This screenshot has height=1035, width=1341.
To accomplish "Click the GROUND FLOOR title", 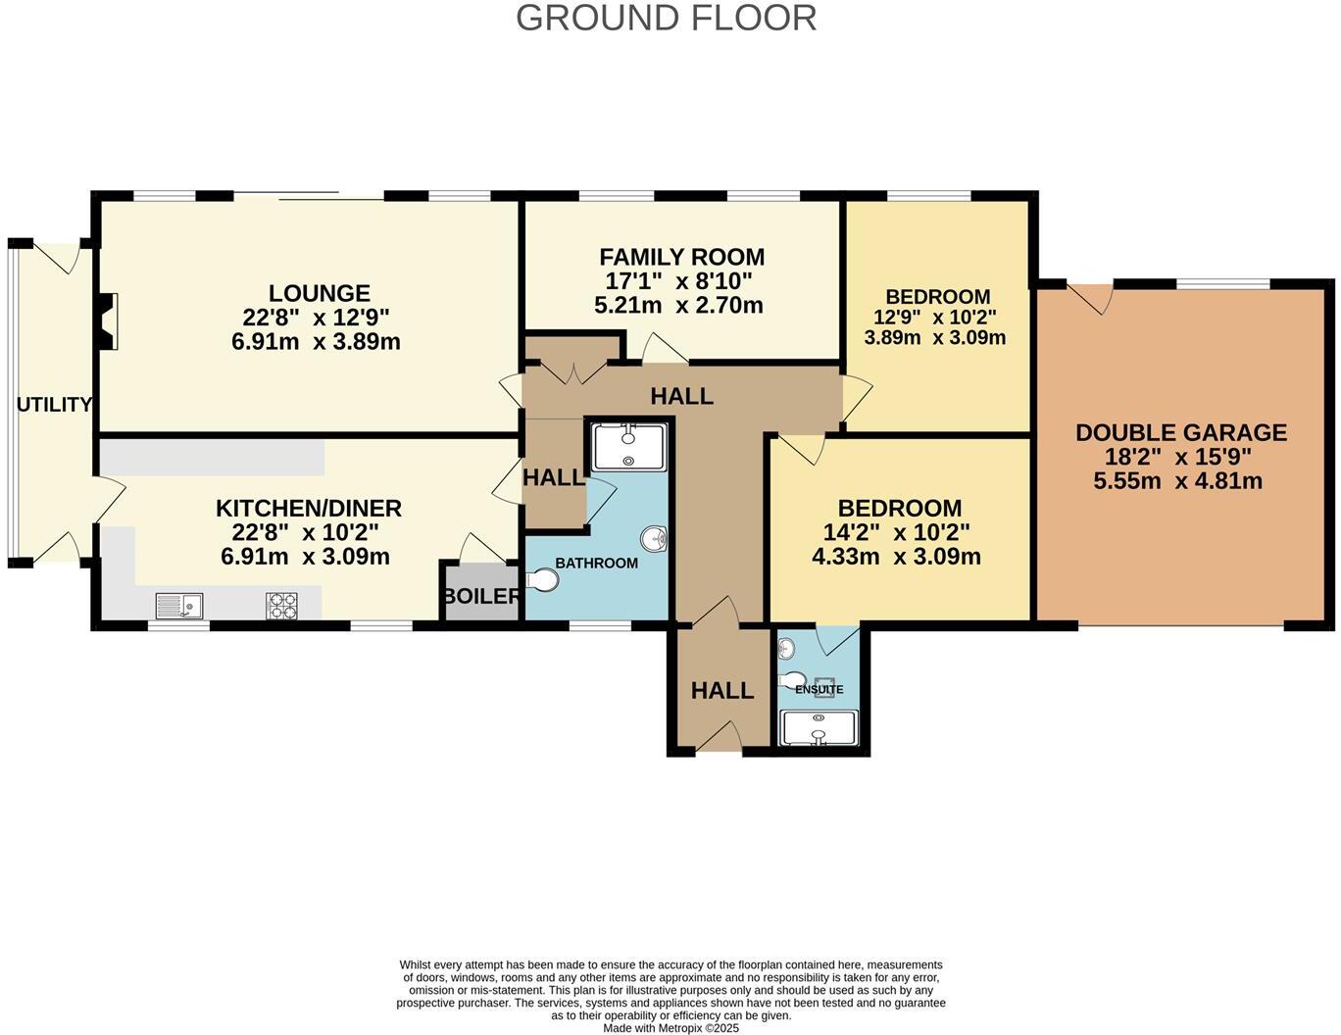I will (x=666, y=18).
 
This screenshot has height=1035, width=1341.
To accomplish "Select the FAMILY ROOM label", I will (x=681, y=257).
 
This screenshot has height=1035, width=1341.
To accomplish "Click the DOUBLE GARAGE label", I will (x=1180, y=432).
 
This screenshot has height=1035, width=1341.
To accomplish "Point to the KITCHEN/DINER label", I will (x=308, y=509).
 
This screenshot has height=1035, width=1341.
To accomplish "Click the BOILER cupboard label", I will (x=480, y=596).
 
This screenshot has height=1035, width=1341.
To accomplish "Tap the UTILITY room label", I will (x=54, y=405).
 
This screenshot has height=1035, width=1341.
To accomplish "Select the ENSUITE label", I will (x=819, y=689).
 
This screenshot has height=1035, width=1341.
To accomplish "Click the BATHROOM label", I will (x=596, y=564).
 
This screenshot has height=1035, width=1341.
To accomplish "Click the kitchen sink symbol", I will (x=178, y=607).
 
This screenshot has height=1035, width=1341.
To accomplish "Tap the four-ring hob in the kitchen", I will (x=281, y=607).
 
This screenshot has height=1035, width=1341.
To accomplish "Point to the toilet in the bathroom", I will (x=542, y=581).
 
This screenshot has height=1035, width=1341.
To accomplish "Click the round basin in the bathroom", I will (x=654, y=538).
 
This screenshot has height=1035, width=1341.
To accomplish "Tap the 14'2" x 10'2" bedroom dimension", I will (x=898, y=533).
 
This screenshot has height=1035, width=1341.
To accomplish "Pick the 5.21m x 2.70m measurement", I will (x=678, y=306).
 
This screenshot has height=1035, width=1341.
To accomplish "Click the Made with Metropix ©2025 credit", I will (x=670, y=1028).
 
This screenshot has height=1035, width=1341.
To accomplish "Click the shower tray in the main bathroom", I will (x=628, y=447).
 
